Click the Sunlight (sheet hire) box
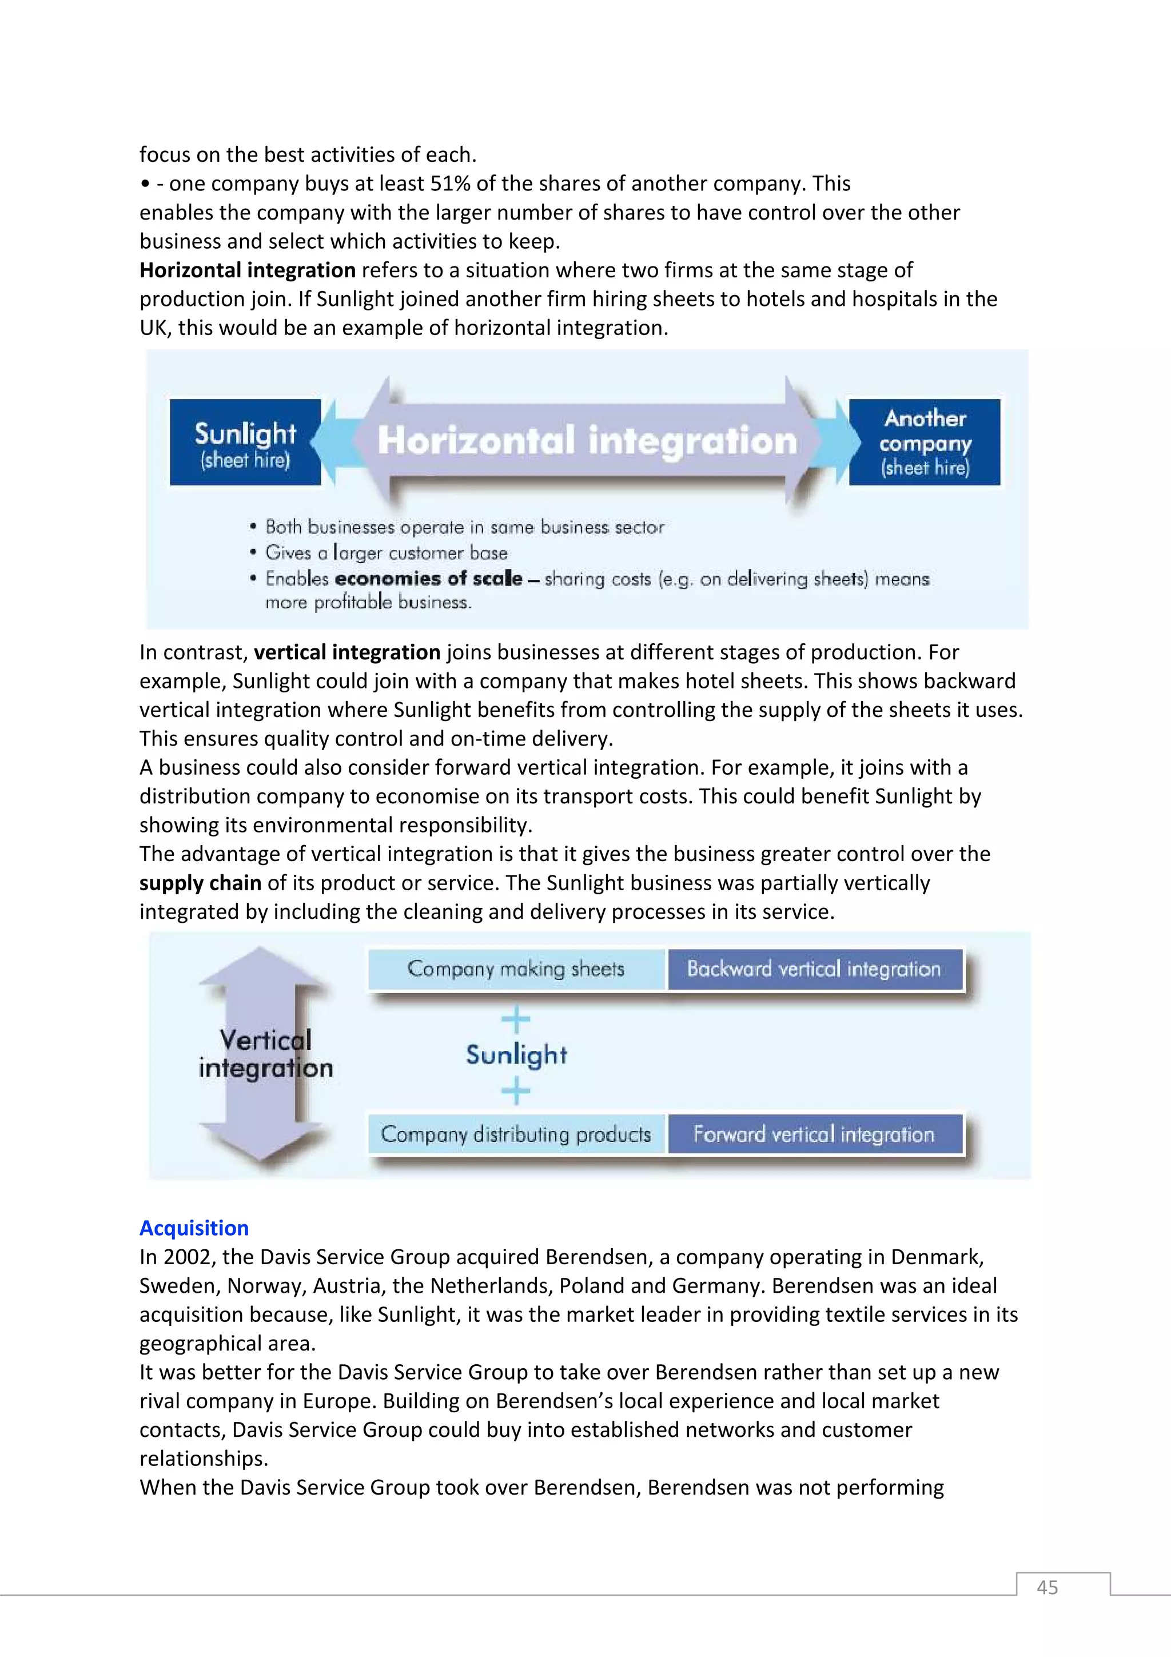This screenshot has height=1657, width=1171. tap(245, 441)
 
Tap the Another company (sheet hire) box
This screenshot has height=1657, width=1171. tap(924, 441)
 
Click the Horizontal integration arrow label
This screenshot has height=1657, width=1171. tap(587, 440)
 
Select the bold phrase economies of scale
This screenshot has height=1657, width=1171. tap(429, 579)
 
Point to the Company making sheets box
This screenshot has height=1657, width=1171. tap(516, 969)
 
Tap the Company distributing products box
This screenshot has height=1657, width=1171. tap(516, 1134)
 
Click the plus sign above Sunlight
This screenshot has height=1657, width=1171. tap(516, 1019)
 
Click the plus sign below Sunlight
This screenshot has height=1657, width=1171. tap(516, 1090)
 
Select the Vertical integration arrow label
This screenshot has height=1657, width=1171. tap(265, 1054)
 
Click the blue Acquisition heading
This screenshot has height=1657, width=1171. tap(194, 1228)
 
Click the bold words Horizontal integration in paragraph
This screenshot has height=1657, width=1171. tap(248, 270)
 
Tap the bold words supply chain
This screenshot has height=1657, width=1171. tap(200, 883)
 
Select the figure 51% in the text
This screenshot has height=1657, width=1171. tap(450, 184)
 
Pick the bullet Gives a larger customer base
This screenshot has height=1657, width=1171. tap(386, 553)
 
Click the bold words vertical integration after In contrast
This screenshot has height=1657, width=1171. tap(347, 652)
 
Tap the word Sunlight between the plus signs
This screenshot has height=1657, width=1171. tap(516, 1054)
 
